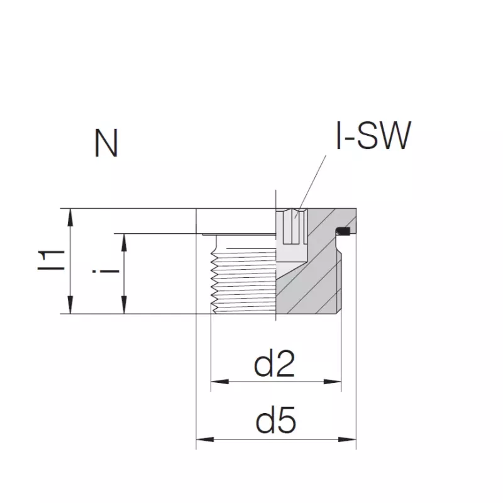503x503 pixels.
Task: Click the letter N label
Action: tap(106, 144)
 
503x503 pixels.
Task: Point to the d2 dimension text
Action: tap(274, 365)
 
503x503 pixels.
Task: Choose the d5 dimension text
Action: tap(276, 422)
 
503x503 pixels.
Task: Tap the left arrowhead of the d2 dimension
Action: tap(216, 381)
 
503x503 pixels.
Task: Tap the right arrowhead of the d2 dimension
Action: tap(334, 381)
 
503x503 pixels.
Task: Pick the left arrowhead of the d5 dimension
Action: tap(202, 439)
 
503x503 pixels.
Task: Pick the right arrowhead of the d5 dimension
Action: tap(350, 439)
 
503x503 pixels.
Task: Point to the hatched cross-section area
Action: tap(314, 283)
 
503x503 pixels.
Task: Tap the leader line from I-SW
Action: tap(313, 182)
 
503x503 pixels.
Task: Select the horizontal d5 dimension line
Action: tap(276, 439)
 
